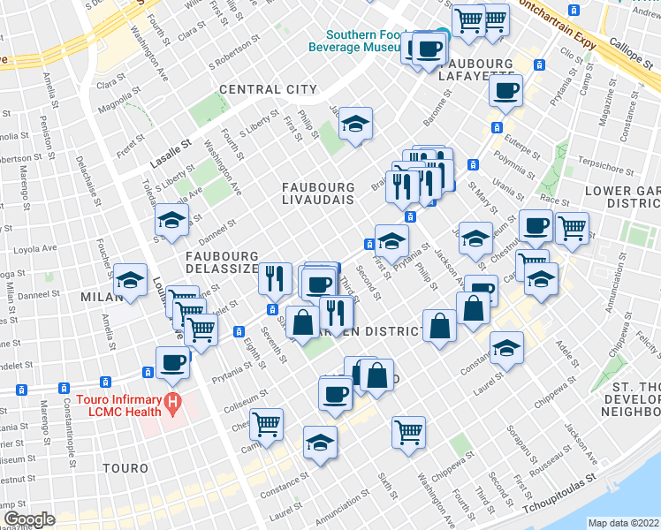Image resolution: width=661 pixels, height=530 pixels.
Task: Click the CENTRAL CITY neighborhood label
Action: pos(267,89)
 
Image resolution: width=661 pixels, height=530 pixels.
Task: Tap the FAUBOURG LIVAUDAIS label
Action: pos(318,193)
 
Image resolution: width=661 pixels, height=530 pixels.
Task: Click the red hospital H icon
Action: pos(173,405)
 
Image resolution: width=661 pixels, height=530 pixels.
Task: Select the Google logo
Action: pos(29,519)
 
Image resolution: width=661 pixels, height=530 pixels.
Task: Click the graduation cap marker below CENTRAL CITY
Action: pos(355,124)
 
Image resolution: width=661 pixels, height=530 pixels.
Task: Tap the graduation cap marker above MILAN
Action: pos(131,279)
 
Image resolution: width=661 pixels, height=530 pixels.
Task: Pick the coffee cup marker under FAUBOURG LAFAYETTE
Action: pos(505,90)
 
